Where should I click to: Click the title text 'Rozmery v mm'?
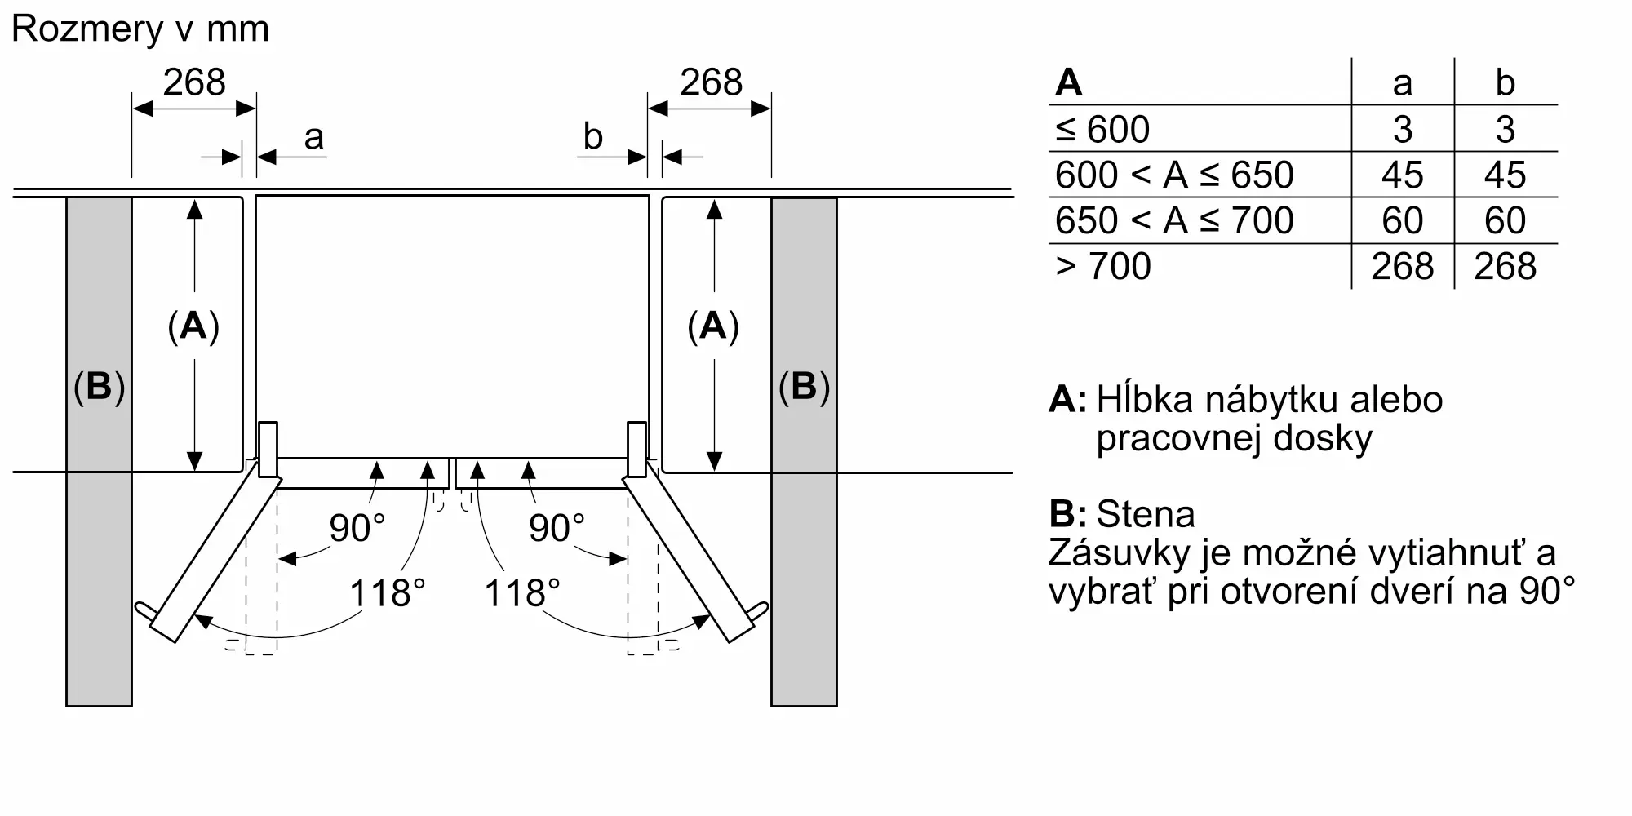tap(140, 29)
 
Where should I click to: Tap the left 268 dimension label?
tap(193, 82)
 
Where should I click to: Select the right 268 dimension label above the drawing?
tap(711, 82)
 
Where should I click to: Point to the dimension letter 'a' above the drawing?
tap(313, 137)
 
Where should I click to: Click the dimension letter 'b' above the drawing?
tap(593, 136)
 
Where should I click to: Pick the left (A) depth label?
tap(193, 326)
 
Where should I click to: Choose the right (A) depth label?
tap(713, 326)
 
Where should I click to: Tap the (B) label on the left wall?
tap(99, 386)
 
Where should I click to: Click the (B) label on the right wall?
tap(804, 386)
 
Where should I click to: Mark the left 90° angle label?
tap(357, 528)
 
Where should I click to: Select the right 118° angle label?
tap(522, 592)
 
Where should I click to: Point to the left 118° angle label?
tap(387, 592)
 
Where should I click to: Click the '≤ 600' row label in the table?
tap(1102, 129)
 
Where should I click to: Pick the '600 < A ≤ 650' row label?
tap(1174, 175)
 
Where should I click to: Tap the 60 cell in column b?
tap(1505, 220)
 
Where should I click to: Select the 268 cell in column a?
tap(1402, 266)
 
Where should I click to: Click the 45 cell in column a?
tap(1402, 175)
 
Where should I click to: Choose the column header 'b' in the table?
tap(1505, 82)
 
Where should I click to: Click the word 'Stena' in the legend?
tap(1145, 514)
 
